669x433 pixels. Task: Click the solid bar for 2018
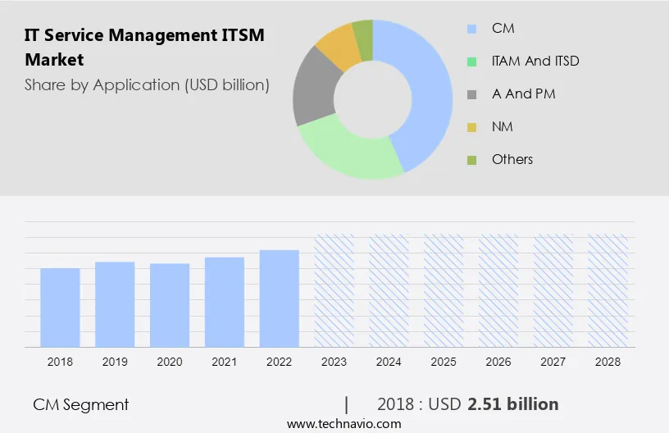(x=60, y=308)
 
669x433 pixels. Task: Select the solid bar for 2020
(x=170, y=305)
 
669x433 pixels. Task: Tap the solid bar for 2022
(x=280, y=299)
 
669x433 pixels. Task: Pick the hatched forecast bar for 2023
(x=334, y=290)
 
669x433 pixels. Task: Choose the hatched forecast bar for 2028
(x=608, y=290)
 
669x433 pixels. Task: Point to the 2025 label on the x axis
(x=444, y=362)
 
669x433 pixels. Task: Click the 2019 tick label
(x=115, y=362)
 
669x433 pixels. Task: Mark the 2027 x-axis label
(x=553, y=362)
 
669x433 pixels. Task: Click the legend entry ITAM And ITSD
(x=535, y=62)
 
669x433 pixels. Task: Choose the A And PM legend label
(x=523, y=93)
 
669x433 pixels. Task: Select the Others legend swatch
(x=471, y=160)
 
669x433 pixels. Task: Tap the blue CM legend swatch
(x=471, y=29)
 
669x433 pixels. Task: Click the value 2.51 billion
(x=513, y=404)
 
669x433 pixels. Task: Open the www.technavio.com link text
(x=344, y=424)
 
